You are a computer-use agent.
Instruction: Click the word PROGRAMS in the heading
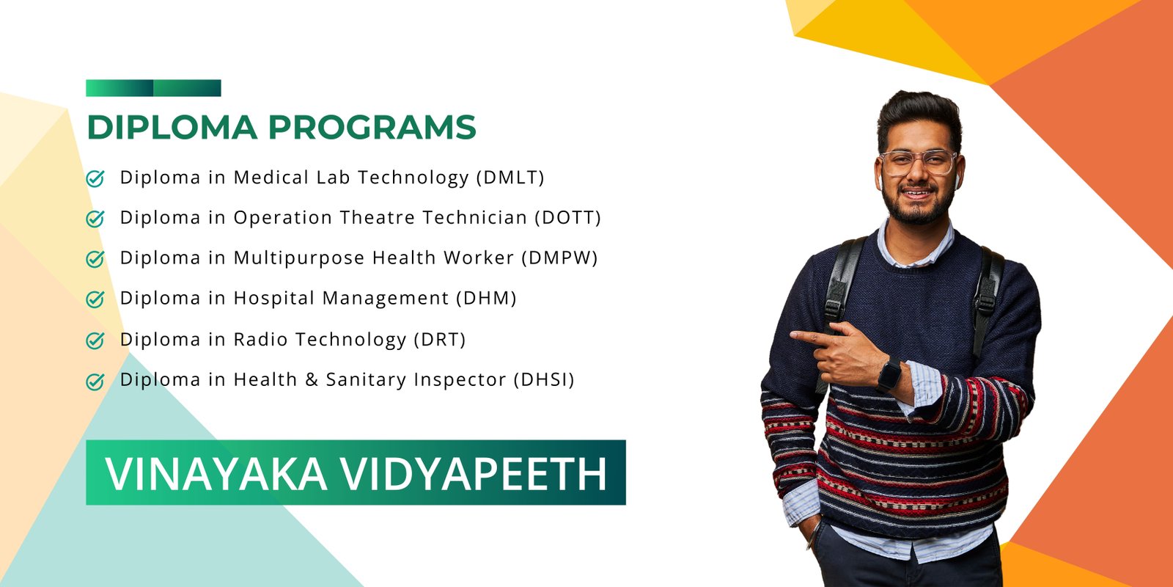[x=372, y=128]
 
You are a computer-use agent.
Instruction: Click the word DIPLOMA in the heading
[x=172, y=128]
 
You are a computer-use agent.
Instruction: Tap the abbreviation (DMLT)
[x=510, y=178]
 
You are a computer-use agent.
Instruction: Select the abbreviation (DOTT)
[x=567, y=217]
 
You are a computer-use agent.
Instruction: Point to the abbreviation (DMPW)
[x=560, y=258]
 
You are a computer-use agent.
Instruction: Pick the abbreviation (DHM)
[x=487, y=298]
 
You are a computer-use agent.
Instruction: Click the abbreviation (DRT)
[x=440, y=340]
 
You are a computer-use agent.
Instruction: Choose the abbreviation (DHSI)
[x=544, y=379]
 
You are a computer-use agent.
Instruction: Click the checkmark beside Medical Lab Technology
[x=95, y=178]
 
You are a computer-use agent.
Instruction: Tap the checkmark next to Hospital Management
[x=95, y=299]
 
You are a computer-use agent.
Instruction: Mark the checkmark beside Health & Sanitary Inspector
[x=95, y=381]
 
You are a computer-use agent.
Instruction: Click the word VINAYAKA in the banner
[x=216, y=474]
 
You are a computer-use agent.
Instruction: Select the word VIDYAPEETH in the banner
[x=474, y=474]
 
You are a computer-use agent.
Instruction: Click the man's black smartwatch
[x=889, y=375]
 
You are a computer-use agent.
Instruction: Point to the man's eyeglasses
[x=918, y=162]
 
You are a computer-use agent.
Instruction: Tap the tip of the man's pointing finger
[x=791, y=335]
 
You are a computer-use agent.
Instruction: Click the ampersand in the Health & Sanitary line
[x=312, y=379]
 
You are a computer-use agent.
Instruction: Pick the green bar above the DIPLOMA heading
[x=153, y=88]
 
